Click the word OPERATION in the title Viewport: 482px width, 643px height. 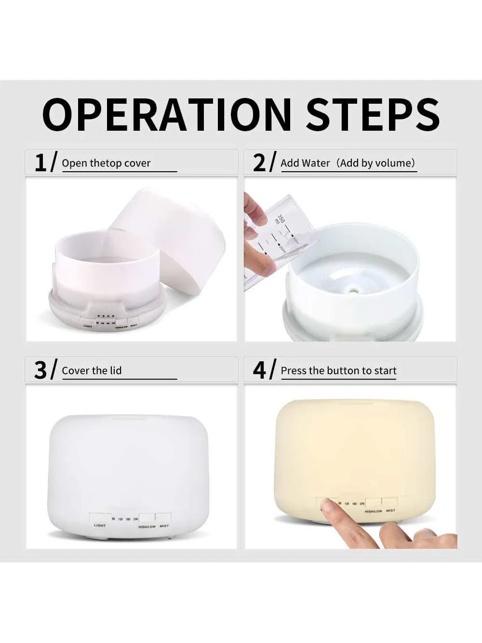point(167,115)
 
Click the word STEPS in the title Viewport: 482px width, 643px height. point(373,115)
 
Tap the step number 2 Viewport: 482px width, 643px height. point(259,163)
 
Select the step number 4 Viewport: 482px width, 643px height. point(259,370)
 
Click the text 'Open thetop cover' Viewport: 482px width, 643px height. point(106,163)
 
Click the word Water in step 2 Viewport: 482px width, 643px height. point(317,163)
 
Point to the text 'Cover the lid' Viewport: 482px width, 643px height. point(92,370)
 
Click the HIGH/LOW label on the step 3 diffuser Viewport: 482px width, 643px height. point(147,527)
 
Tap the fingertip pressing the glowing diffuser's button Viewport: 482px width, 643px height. point(327,506)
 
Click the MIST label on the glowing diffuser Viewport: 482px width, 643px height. point(390,510)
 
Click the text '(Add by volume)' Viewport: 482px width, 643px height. point(376,163)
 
